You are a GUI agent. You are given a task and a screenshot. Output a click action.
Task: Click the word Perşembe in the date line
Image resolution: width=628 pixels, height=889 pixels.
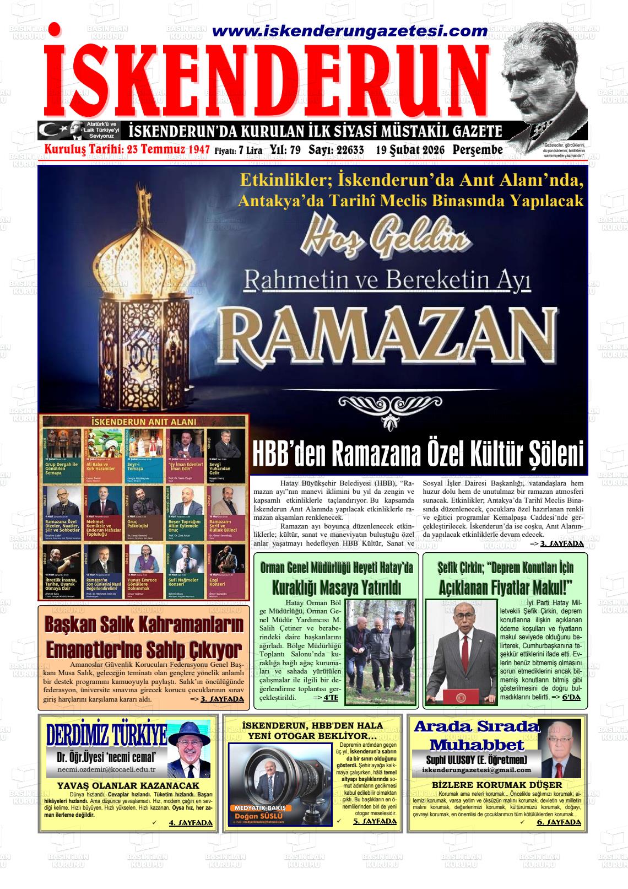pos(478,150)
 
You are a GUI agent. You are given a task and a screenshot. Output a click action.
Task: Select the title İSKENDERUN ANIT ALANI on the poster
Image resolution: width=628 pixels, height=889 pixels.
pos(143,422)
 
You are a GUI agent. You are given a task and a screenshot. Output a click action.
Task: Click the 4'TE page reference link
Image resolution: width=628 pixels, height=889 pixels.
pos(331,698)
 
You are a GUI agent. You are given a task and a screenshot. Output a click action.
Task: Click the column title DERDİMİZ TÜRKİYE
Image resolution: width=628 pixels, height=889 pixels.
pos(106,735)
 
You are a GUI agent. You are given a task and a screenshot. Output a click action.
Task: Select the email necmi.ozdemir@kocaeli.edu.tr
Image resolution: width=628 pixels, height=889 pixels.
pos(106,769)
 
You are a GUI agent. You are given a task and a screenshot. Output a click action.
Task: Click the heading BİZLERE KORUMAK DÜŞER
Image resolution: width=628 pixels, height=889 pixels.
pos(497,784)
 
